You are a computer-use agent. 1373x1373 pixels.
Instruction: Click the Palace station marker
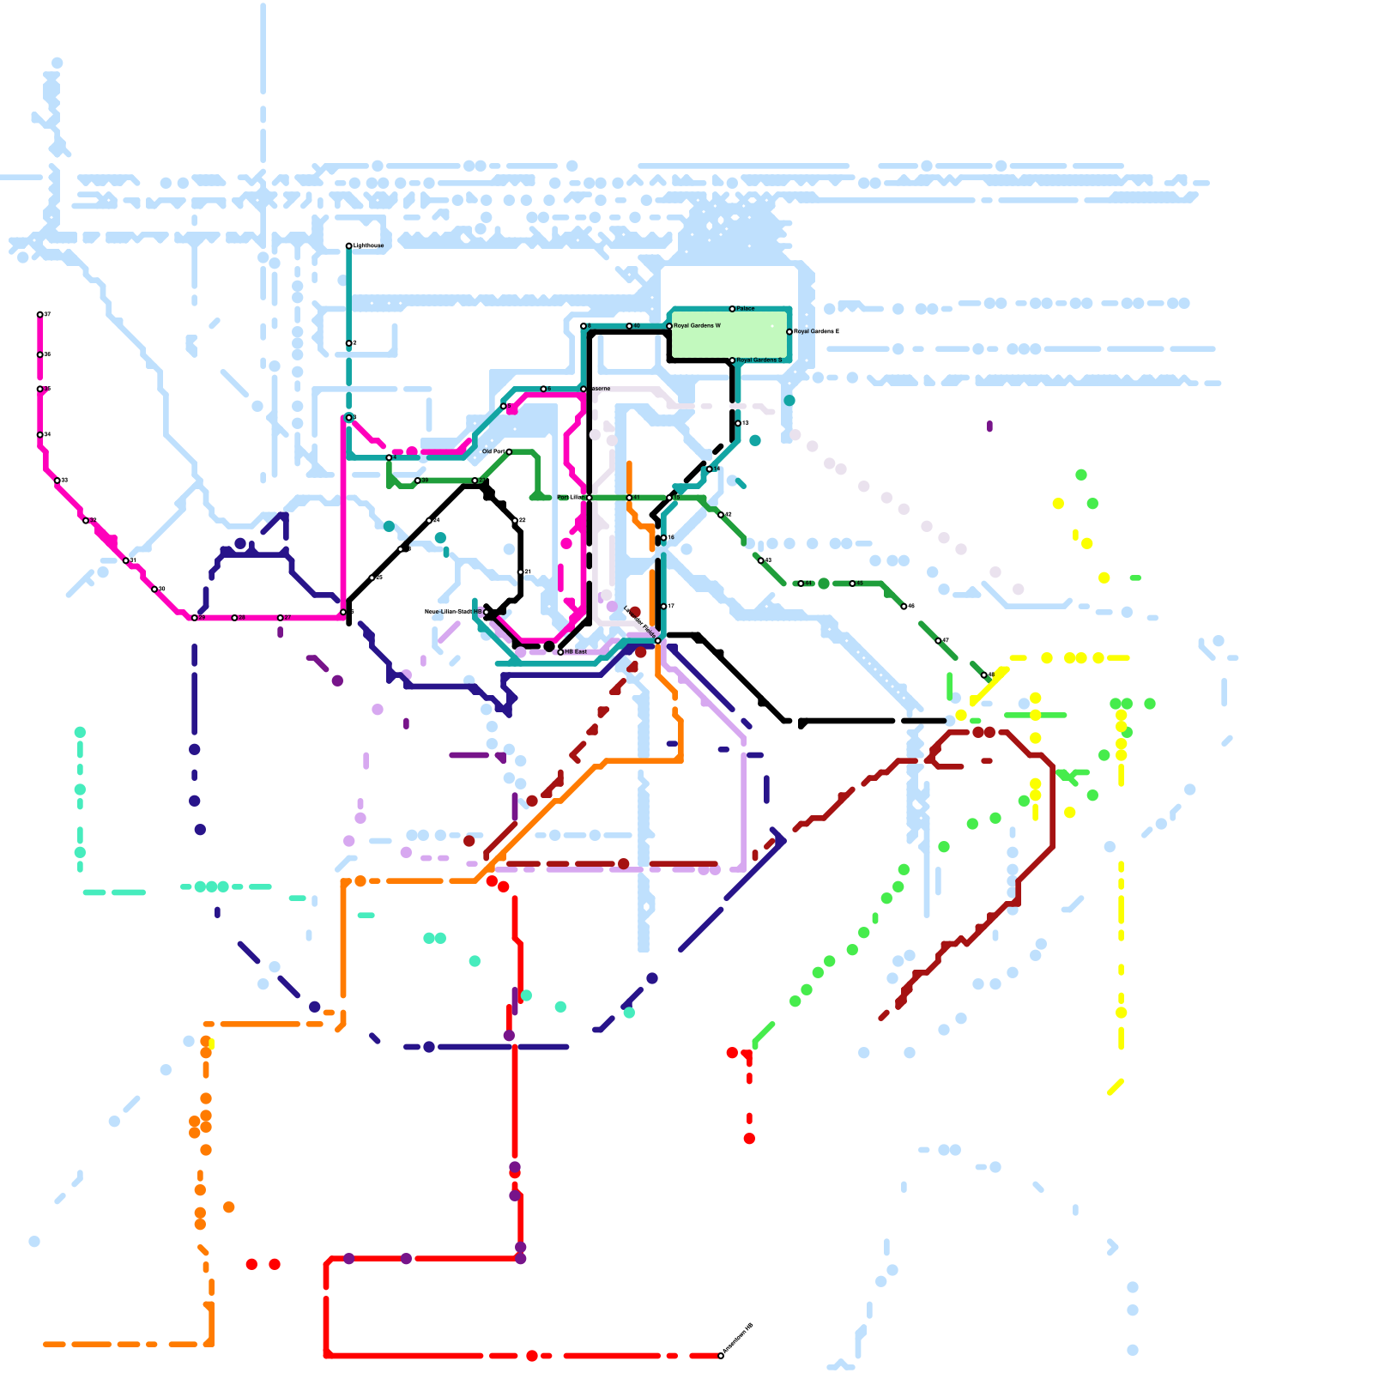point(732,309)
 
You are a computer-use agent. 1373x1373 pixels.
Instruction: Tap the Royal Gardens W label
point(697,326)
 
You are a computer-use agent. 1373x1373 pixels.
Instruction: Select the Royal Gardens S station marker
point(732,360)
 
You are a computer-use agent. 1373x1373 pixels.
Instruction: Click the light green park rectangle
point(729,335)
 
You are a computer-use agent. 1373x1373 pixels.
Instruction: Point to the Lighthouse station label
point(367,246)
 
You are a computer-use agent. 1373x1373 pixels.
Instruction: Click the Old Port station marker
point(509,451)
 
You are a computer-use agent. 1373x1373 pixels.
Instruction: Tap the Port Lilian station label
point(570,498)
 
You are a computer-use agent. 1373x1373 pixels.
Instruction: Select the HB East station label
point(576,652)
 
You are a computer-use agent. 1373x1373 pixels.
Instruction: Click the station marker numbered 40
point(629,326)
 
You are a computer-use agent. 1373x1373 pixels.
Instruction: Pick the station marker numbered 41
point(629,498)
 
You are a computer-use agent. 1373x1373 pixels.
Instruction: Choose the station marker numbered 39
point(418,481)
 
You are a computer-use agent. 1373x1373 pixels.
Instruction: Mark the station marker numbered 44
point(801,584)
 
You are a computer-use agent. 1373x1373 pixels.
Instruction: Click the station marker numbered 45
point(852,584)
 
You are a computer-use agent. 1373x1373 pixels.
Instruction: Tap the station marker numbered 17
point(663,607)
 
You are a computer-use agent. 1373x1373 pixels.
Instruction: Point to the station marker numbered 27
point(281,618)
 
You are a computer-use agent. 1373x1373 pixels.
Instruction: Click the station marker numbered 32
point(515,521)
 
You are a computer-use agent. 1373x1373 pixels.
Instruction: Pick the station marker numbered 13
point(738,423)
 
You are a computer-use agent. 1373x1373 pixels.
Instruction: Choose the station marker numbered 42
point(721,515)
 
